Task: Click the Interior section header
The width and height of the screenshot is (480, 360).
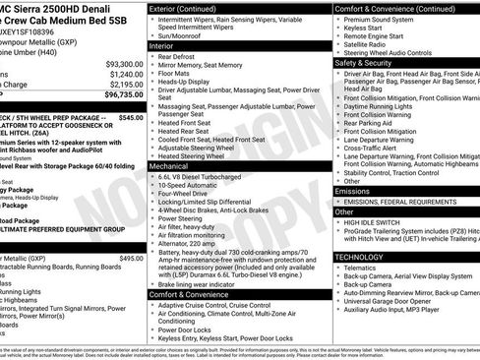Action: tap(162, 46)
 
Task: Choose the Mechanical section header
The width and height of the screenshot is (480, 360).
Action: tap(169, 167)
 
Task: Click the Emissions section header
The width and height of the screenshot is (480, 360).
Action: tap(356, 192)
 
